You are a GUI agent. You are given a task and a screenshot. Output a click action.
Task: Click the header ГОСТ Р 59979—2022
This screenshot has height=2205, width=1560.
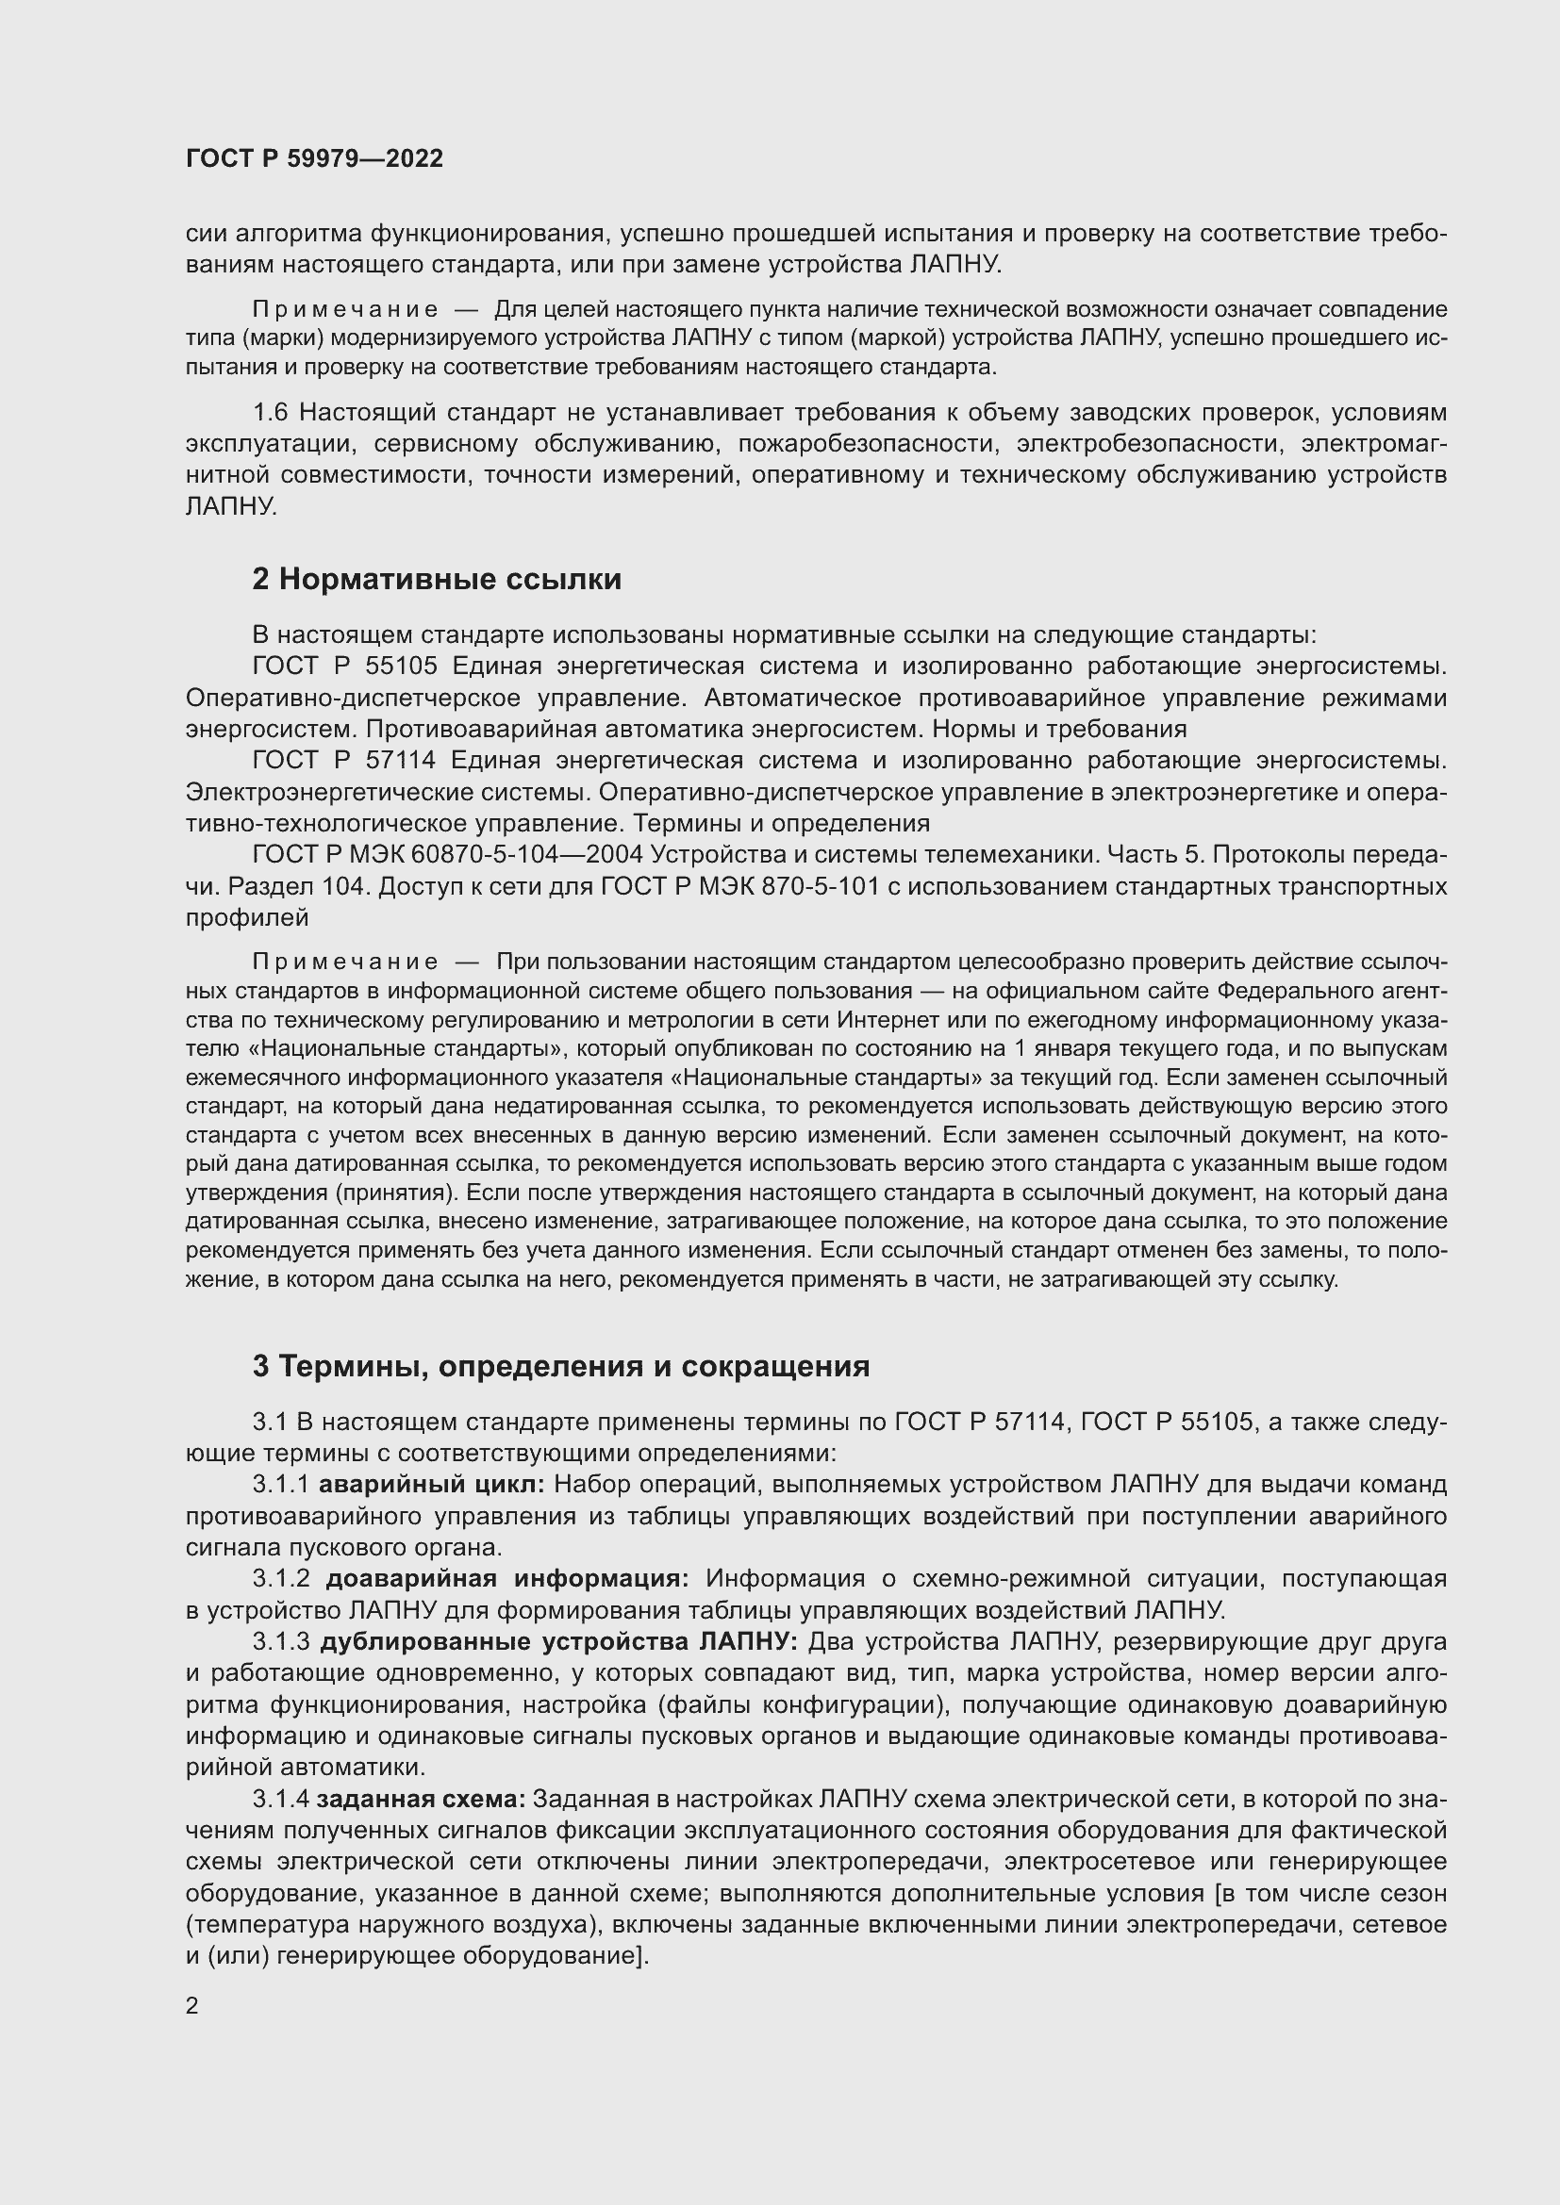click(314, 158)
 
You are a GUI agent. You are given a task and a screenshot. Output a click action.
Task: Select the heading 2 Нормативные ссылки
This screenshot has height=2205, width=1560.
click(436, 579)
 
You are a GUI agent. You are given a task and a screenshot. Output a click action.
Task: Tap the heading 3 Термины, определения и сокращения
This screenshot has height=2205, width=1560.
click(561, 1366)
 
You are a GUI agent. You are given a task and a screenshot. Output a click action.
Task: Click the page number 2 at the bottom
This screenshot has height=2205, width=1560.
click(192, 2006)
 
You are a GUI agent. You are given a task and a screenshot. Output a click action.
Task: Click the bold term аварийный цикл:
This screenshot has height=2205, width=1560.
click(431, 1485)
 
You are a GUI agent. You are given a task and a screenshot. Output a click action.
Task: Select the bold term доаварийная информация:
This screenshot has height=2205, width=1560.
click(507, 1579)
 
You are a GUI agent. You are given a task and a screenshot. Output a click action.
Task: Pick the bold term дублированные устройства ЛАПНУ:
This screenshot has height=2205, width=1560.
click(558, 1642)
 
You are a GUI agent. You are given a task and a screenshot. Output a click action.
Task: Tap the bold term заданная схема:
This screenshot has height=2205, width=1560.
click(421, 1799)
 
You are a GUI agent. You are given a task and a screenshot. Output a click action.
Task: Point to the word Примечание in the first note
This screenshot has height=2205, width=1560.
click(345, 309)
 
